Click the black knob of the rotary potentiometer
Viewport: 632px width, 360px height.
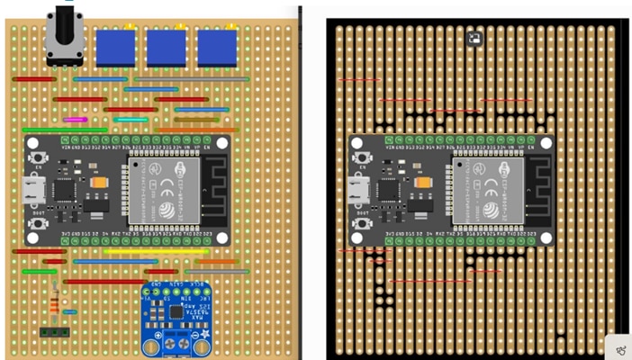click(65, 18)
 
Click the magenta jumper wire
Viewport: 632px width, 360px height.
click(74, 119)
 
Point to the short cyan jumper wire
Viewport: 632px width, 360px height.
click(131, 119)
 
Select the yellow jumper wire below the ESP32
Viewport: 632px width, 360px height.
click(144, 252)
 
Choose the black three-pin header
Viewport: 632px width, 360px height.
click(54, 331)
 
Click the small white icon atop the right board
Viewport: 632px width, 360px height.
click(474, 38)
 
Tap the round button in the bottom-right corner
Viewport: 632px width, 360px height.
click(619, 347)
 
